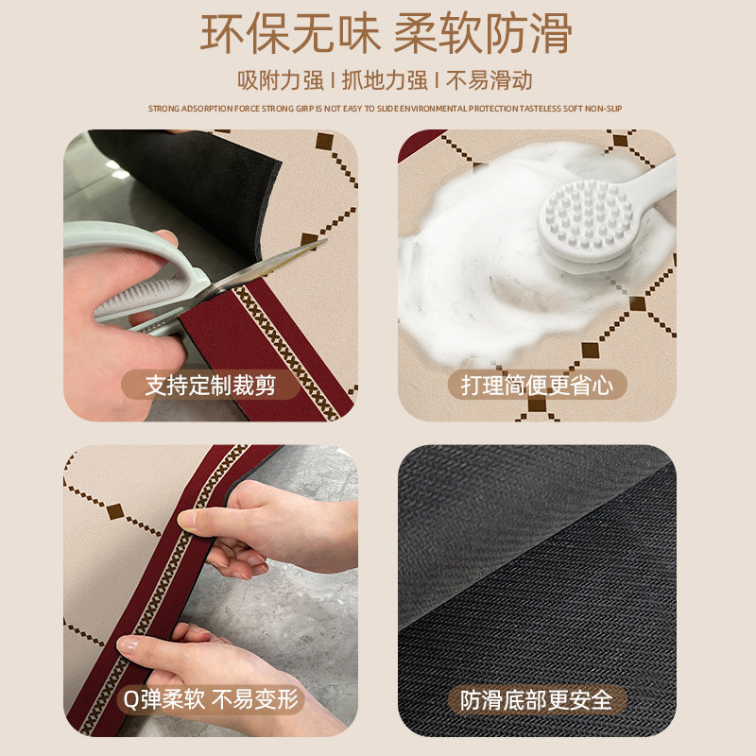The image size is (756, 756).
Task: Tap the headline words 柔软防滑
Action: (x=482, y=35)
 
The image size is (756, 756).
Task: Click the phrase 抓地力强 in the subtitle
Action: (x=388, y=80)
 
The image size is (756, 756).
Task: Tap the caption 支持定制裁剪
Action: (x=209, y=385)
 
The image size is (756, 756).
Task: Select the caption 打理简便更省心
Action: (x=537, y=385)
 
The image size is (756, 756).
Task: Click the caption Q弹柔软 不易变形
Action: (x=210, y=700)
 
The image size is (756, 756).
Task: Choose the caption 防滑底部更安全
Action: (x=537, y=700)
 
